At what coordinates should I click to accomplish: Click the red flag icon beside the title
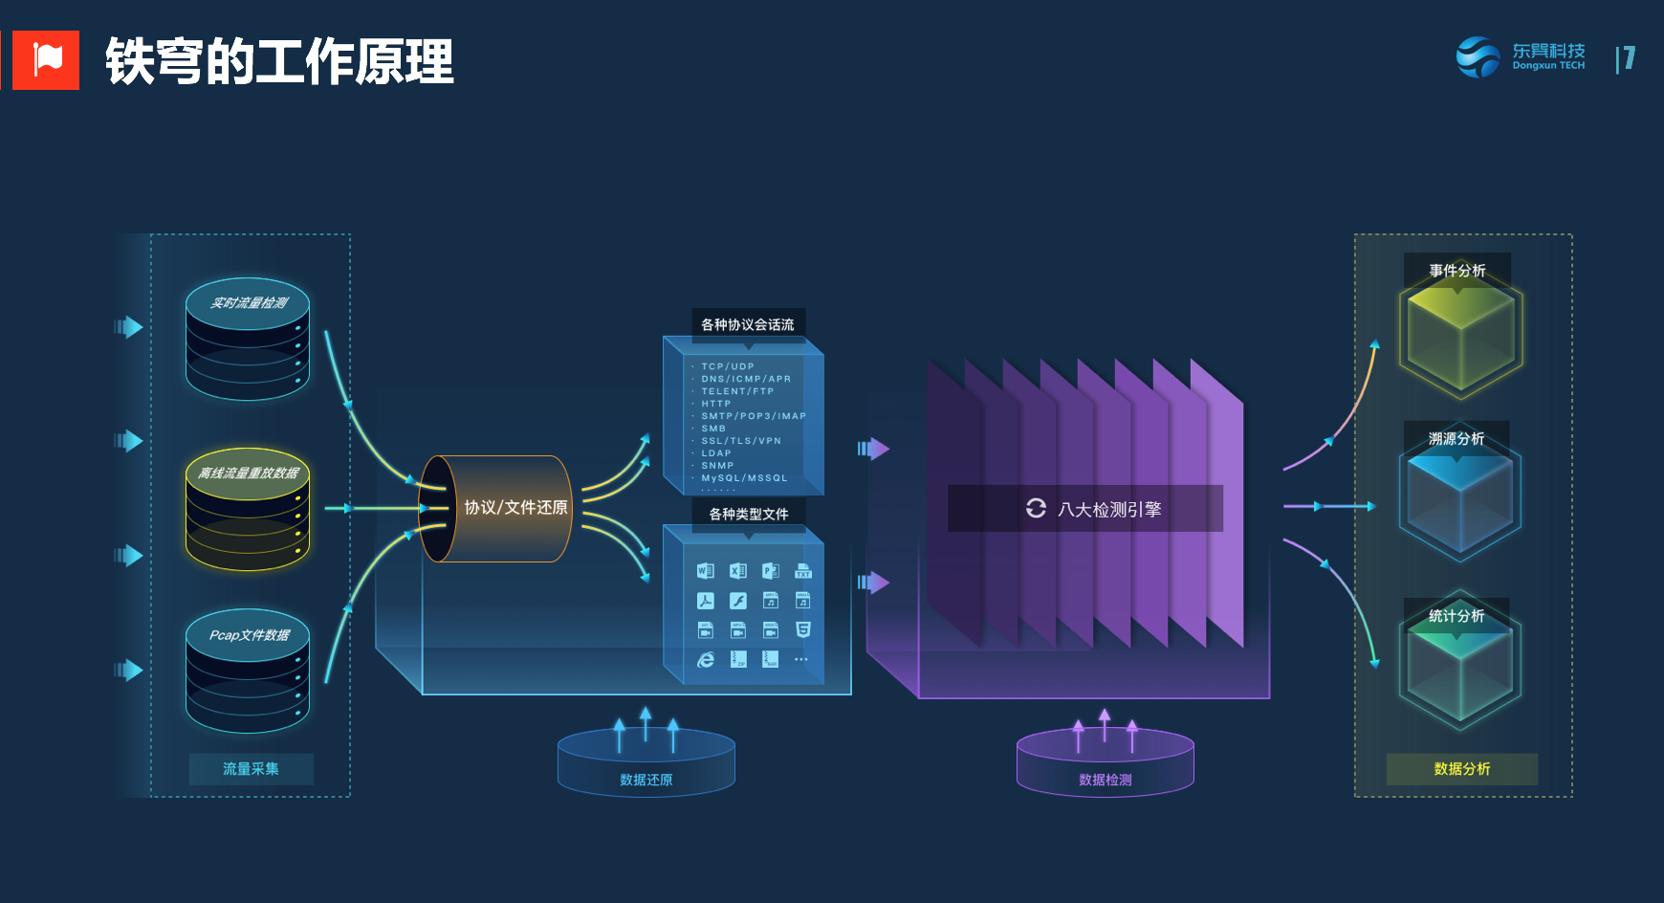(x=46, y=59)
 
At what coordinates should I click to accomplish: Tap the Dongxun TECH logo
(x=1521, y=57)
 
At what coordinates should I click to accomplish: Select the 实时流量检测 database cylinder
(x=248, y=339)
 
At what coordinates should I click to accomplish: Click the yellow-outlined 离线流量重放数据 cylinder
(x=248, y=509)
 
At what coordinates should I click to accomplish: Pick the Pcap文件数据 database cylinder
(x=248, y=671)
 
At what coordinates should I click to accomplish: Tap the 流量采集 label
(x=251, y=769)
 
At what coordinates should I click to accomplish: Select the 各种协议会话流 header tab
(x=748, y=324)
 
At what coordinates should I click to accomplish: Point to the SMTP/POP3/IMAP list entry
(x=754, y=416)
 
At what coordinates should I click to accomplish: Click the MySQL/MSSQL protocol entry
(x=744, y=478)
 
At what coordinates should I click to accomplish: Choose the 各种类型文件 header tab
(x=748, y=514)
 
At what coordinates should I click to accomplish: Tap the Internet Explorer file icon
(x=706, y=660)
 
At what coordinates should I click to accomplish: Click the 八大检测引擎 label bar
(x=1084, y=509)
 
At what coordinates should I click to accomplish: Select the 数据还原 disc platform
(x=646, y=763)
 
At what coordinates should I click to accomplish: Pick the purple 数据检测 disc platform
(x=1105, y=763)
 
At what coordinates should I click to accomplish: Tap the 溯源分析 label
(x=1456, y=439)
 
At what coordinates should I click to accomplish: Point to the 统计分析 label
(x=1456, y=616)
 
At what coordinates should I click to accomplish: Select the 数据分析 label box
(x=1461, y=769)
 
